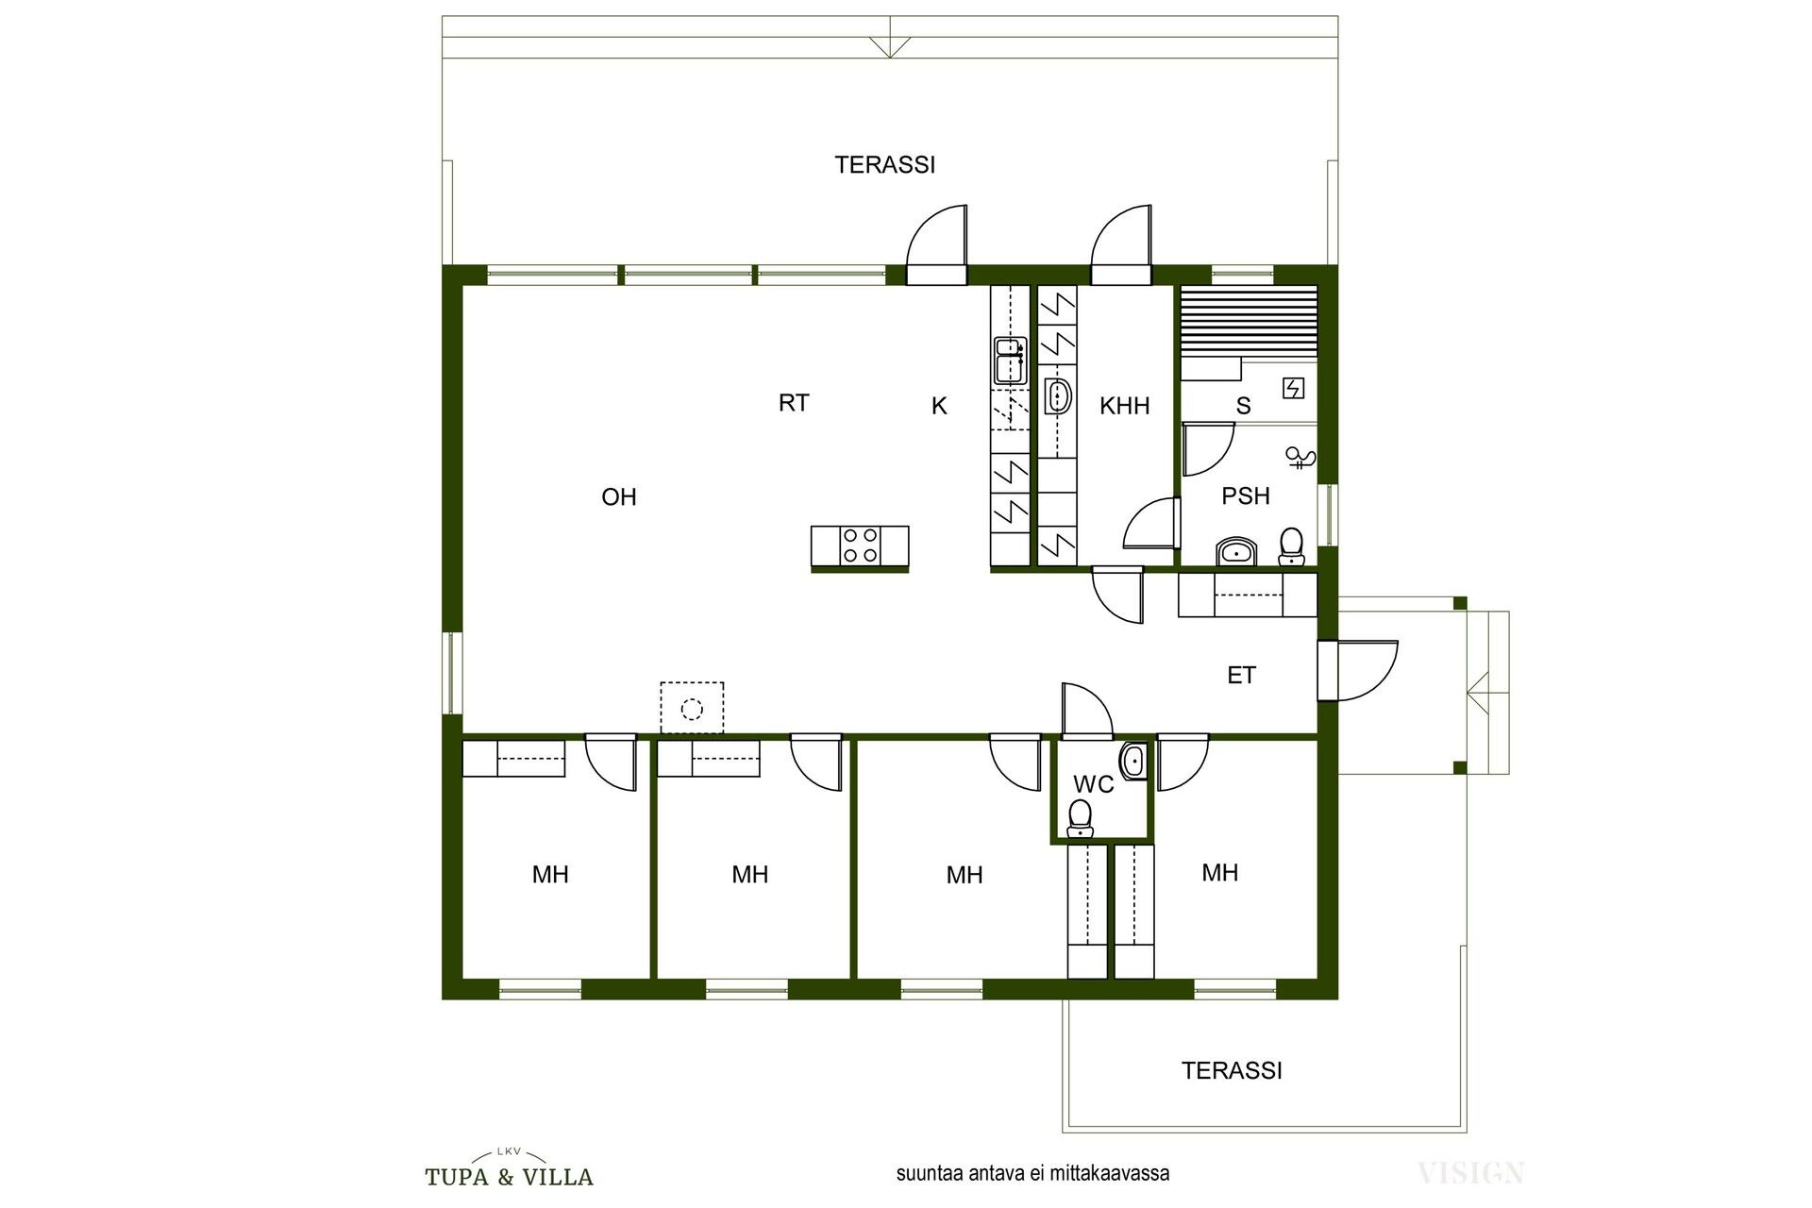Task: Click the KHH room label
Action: [x=1125, y=406]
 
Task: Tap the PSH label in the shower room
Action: [x=1246, y=495]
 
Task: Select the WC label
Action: [x=1094, y=784]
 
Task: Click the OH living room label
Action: [x=619, y=496]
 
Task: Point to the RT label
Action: [x=794, y=403]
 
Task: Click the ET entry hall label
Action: [x=1242, y=675]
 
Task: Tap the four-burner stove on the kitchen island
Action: [x=860, y=545]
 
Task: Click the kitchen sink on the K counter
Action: [x=1010, y=361]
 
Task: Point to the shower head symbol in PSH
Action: [x=1301, y=459]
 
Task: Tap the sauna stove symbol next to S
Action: [x=1293, y=387]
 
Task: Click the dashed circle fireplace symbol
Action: [x=692, y=708]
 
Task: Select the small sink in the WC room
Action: [x=1133, y=761]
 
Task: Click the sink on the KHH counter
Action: [x=1057, y=396]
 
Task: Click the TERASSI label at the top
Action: [x=885, y=165]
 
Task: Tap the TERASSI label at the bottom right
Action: [x=1232, y=1071]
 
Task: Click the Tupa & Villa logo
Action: [x=510, y=1167]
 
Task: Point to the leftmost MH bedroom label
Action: [x=550, y=875]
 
